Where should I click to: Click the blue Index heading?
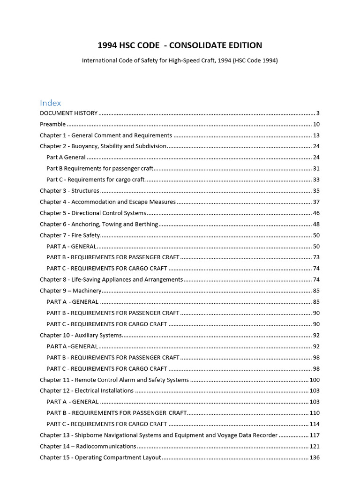[50, 103]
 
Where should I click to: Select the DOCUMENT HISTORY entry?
[68, 113]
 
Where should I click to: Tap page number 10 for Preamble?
[316, 124]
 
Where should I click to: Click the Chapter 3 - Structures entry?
[69, 191]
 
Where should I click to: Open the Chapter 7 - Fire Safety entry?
[70, 235]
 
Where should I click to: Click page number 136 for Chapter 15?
[314, 457]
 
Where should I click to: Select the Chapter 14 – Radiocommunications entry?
[88, 446]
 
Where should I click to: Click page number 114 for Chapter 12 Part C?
[314, 424]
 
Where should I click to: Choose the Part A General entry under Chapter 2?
[66, 157]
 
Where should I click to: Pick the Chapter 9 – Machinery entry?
[70, 291]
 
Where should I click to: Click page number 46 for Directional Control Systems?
[316, 213]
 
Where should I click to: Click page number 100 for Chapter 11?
[314, 380]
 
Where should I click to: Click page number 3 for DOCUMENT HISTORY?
[318, 113]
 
